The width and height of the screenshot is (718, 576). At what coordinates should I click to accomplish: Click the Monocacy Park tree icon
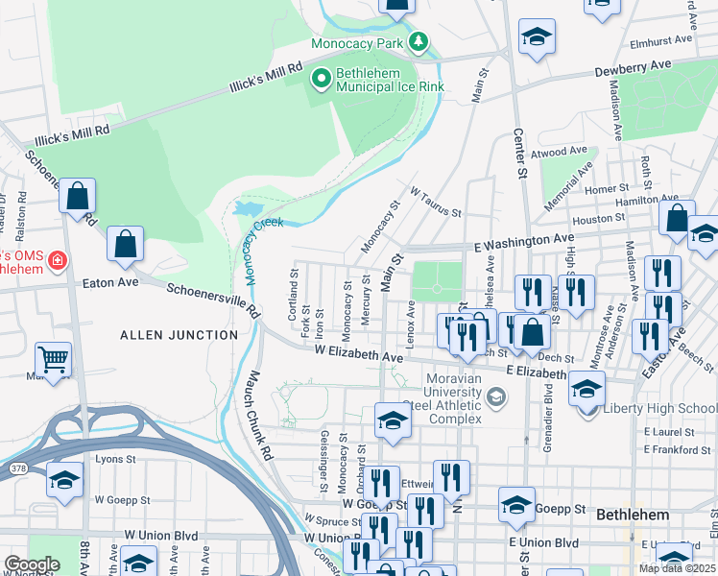418,42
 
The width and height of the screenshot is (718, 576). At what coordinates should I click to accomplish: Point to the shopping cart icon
53,359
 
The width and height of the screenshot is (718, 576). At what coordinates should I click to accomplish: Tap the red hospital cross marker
57,260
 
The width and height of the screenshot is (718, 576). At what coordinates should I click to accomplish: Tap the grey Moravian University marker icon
496,396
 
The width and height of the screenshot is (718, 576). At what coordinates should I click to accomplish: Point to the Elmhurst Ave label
661,41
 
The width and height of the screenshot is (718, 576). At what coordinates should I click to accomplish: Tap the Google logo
32,564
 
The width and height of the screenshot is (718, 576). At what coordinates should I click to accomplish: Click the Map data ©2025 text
678,568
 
